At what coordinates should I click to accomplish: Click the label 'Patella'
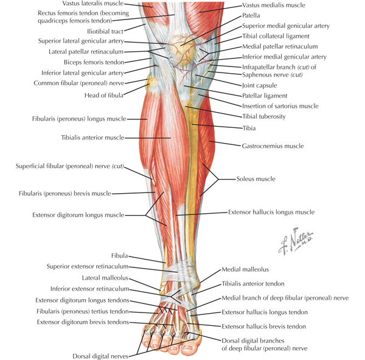tap(251, 15)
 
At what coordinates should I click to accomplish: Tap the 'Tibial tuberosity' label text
tap(264, 116)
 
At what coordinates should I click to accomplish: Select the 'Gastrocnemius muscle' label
tap(273, 146)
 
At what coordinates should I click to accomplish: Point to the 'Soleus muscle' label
tap(256, 179)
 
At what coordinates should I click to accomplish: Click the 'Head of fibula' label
tap(104, 95)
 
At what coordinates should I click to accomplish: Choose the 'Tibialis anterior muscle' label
tap(92, 138)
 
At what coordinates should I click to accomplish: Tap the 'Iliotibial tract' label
tap(105, 31)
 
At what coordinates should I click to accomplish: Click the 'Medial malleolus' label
tap(245, 269)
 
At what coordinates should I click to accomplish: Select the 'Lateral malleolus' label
tap(105, 278)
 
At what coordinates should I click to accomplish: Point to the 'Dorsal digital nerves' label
tap(100, 356)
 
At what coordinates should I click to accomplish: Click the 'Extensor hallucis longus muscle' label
tap(271, 212)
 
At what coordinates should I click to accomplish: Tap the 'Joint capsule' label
tap(260, 85)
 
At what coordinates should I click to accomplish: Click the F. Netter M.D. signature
tap(296, 241)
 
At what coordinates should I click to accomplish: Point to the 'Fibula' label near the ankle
tap(119, 256)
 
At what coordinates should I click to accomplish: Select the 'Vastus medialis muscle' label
tap(274, 5)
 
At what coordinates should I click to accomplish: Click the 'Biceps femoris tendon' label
tap(94, 62)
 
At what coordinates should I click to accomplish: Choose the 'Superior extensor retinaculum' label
tap(88, 266)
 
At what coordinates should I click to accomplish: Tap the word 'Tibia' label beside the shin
tap(249, 128)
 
